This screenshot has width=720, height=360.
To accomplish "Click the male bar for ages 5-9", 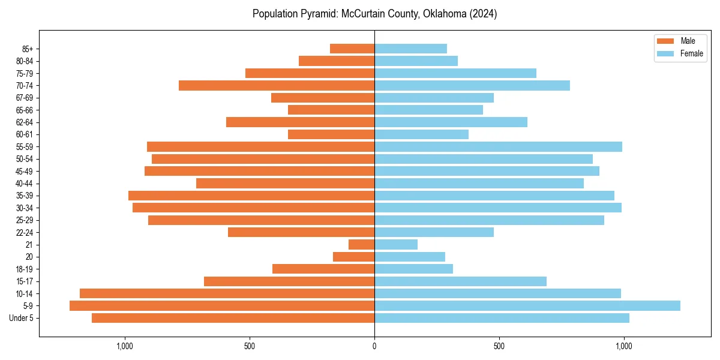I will [x=222, y=306].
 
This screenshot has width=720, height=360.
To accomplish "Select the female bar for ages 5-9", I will [x=527, y=306].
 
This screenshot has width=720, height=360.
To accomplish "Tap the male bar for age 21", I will [x=361, y=245].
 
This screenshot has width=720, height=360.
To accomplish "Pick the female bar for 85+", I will [x=410, y=49].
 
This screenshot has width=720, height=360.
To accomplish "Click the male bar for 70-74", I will [x=277, y=86].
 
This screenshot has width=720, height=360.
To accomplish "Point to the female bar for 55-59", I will [x=498, y=147].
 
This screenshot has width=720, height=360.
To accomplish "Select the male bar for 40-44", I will [x=285, y=184].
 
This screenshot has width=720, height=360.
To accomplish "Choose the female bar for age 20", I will [x=410, y=257].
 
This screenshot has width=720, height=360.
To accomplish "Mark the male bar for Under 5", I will [x=233, y=318].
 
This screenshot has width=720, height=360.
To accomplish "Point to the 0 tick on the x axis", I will [x=374, y=346].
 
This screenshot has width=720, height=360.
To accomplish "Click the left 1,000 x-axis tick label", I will [x=125, y=346].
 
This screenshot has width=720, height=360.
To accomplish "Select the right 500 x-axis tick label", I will [x=499, y=346].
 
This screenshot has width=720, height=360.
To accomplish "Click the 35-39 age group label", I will [x=25, y=196].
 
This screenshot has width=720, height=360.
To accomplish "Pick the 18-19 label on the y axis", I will [x=25, y=269].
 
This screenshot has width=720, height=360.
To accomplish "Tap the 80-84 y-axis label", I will [x=25, y=61].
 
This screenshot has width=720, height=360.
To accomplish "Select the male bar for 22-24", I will [x=301, y=232].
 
